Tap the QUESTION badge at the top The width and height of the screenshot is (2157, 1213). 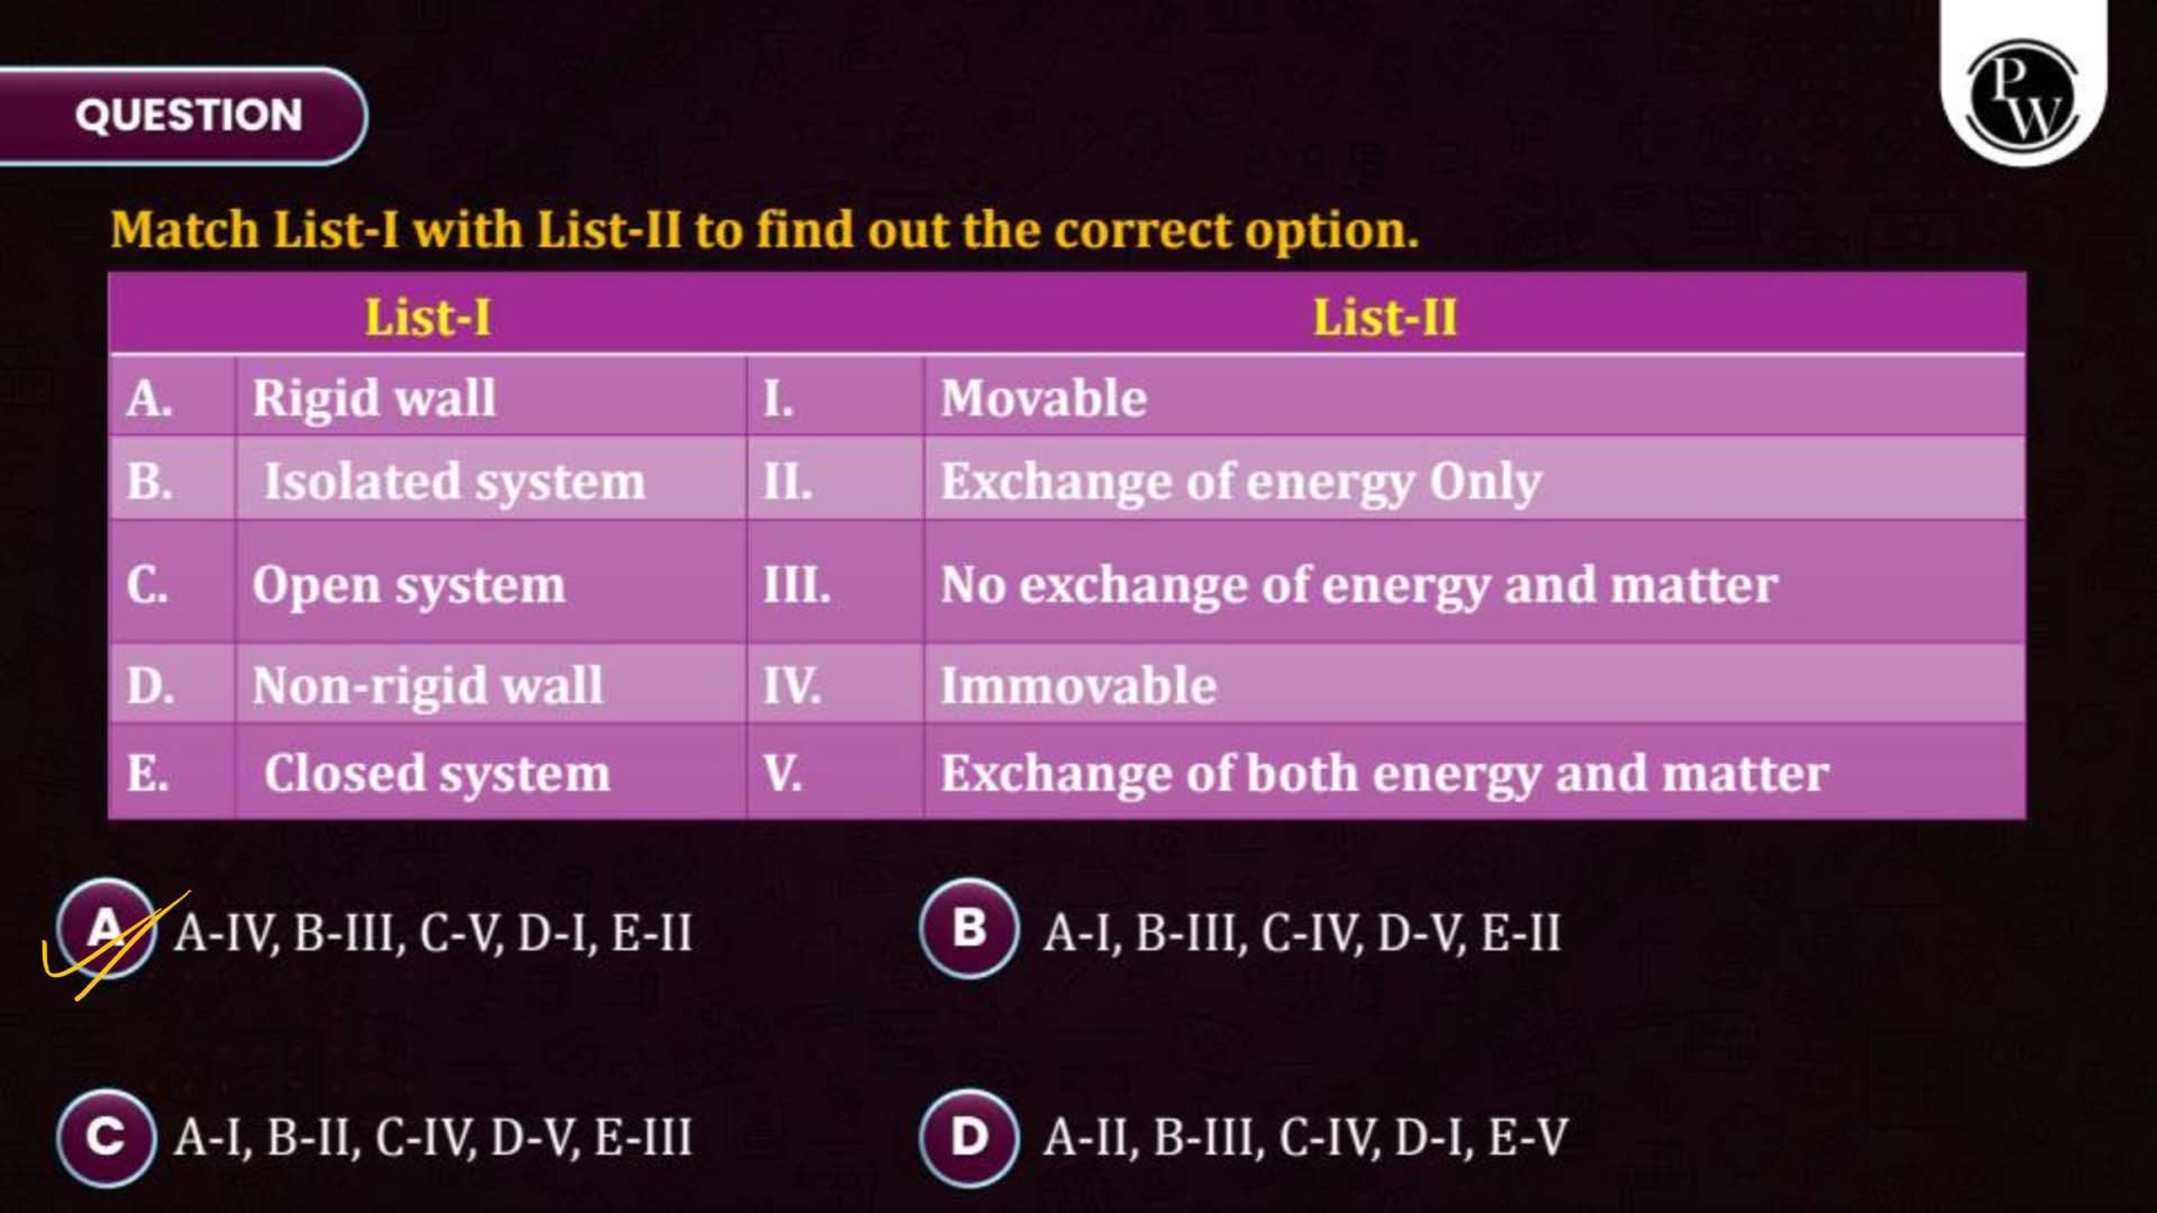pyautogui.click(x=183, y=115)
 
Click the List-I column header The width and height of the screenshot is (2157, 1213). pyautogui.click(x=428, y=318)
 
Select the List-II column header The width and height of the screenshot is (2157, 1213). pyautogui.click(x=1385, y=318)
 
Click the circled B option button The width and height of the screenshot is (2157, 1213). pyautogui.click(x=969, y=928)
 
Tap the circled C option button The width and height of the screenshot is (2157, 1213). pyautogui.click(x=106, y=1137)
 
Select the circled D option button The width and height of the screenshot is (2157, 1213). pyautogui.click(x=969, y=1137)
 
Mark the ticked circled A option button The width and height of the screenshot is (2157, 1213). pyautogui.click(x=106, y=928)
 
